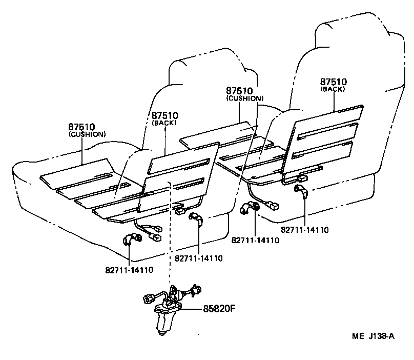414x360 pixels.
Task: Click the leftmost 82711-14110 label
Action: pos(130,269)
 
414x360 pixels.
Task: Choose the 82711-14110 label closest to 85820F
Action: pos(198,258)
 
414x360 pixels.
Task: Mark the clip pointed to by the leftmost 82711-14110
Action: pos(132,240)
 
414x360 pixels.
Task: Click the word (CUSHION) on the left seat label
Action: pos(87,134)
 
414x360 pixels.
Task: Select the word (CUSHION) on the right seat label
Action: pos(245,98)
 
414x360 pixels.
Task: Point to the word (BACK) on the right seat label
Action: pos(333,89)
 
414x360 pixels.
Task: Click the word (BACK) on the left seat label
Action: pos(165,123)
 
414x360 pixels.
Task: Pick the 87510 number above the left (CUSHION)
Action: pos(82,126)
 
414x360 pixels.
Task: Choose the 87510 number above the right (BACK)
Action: pos(334,82)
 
